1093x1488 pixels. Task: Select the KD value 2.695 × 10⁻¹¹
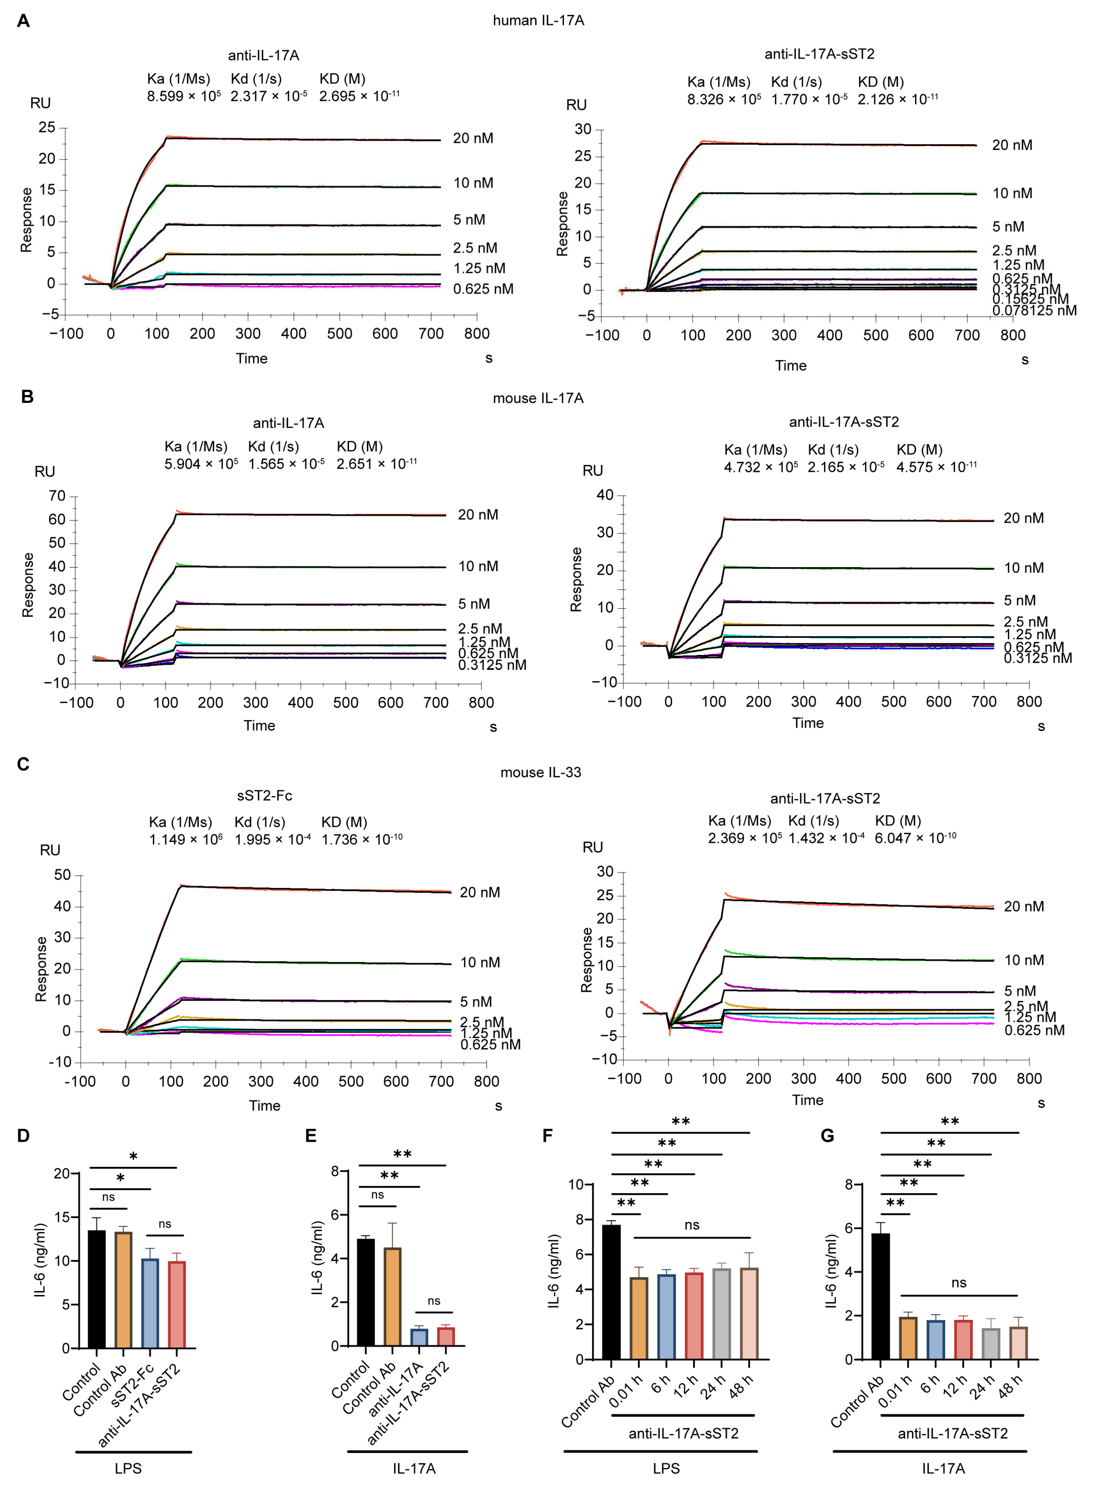coord(359,97)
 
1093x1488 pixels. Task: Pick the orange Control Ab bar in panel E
coord(392,1296)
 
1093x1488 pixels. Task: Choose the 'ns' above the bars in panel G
coord(959,1283)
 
